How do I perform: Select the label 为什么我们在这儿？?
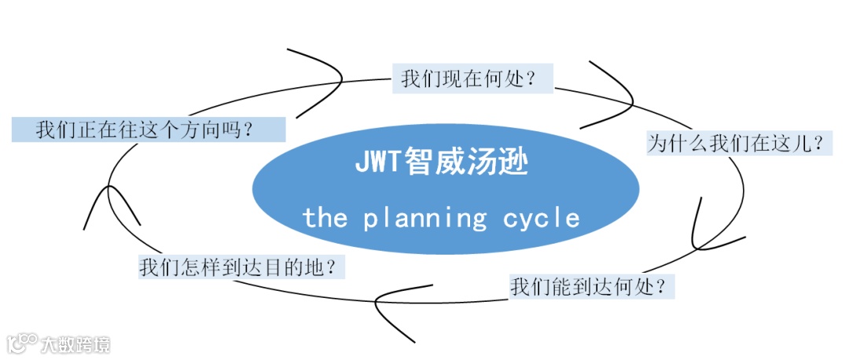click(x=739, y=143)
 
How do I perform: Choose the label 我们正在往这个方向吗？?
click(x=148, y=130)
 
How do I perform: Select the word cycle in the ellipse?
click(x=542, y=218)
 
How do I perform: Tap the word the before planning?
click(x=325, y=218)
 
